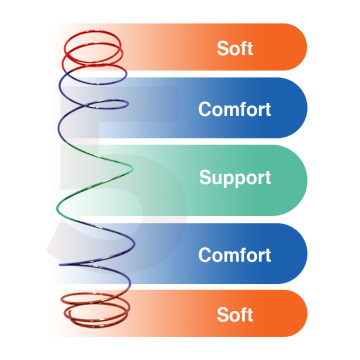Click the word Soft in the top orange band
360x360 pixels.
click(x=235, y=48)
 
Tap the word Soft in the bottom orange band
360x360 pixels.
click(x=235, y=315)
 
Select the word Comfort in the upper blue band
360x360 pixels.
click(x=235, y=109)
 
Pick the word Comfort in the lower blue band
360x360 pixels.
click(x=235, y=255)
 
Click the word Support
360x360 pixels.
click(x=235, y=178)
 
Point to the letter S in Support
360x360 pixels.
click(x=205, y=177)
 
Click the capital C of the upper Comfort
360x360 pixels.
click(x=205, y=109)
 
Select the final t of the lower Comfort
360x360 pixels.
click(x=268, y=256)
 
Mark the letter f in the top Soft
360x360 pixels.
click(x=243, y=48)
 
